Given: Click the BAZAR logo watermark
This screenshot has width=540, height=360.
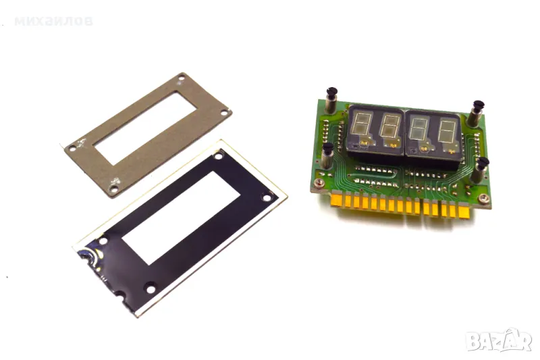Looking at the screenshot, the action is coord(499,341).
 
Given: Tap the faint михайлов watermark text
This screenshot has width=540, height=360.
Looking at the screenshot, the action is coord(53,22).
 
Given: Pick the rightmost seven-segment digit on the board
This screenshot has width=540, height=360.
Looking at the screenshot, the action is coord(448,131).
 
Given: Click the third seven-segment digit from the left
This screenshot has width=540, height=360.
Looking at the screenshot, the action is coord(420,129).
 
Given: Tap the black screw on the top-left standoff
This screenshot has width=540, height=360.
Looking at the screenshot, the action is coord(331,92).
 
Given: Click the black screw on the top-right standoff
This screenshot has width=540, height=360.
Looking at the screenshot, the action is coord(478,105).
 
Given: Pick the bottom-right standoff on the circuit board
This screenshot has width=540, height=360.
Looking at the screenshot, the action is coord(481,170).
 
